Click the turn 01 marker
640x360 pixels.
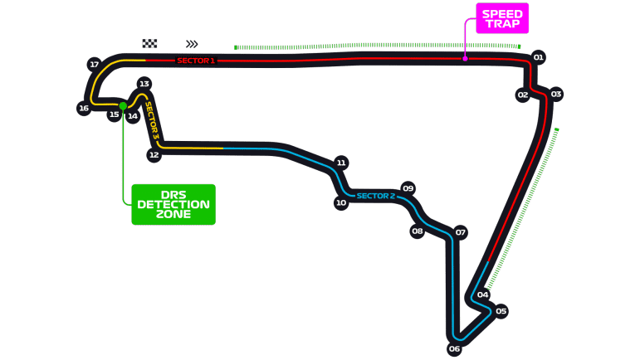pyautogui.click(x=538, y=57)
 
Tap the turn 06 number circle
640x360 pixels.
pyautogui.click(x=454, y=349)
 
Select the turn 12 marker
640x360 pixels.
pyautogui.click(x=154, y=155)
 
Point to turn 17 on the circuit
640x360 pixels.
pyautogui.click(x=94, y=65)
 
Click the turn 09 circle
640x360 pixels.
pyautogui.click(x=408, y=188)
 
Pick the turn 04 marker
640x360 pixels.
pyautogui.click(x=482, y=294)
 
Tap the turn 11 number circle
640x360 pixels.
pyautogui.click(x=340, y=163)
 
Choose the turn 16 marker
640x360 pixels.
pyautogui.click(x=83, y=108)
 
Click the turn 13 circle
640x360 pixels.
pyautogui.click(x=144, y=84)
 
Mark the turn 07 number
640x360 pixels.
pyautogui.click(x=460, y=232)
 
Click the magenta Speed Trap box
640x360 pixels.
pyautogui.click(x=501, y=18)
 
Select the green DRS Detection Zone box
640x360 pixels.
pyautogui.click(x=173, y=204)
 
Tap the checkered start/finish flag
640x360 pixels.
pyautogui.click(x=150, y=44)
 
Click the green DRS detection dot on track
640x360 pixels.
pyautogui.click(x=123, y=105)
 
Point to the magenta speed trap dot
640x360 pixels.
pyautogui.click(x=465, y=58)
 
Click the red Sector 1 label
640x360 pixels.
pyautogui.click(x=196, y=61)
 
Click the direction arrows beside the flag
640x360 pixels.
pyautogui.click(x=192, y=44)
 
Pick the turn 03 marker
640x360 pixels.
pyautogui.click(x=556, y=94)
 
